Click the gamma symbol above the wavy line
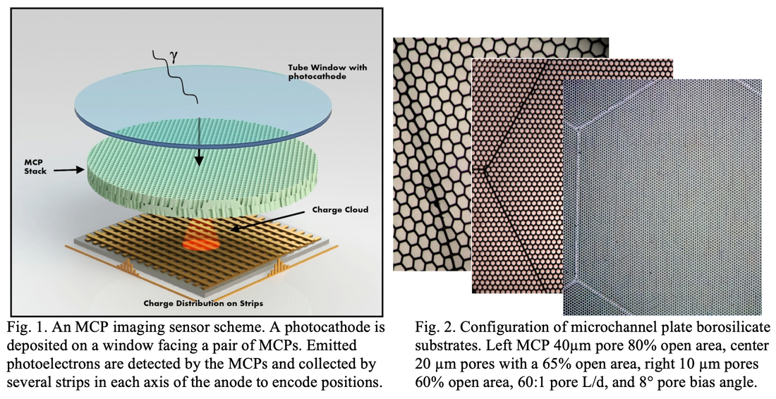[174, 57]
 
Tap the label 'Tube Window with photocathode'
[327, 72]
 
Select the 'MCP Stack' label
[36, 166]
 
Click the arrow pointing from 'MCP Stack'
[68, 170]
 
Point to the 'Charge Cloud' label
[340, 209]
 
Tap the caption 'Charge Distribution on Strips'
[203, 303]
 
